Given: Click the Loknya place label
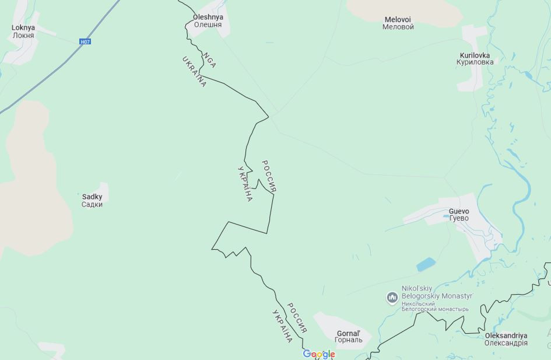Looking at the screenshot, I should click(23, 28).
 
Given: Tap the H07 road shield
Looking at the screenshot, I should click(85, 41).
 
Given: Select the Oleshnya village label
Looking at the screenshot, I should click(208, 18).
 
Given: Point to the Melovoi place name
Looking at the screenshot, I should click(398, 20).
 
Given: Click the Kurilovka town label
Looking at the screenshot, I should click(475, 55).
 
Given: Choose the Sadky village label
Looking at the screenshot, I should click(92, 197).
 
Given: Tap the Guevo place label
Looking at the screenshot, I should click(459, 211).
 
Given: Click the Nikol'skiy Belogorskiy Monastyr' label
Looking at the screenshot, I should click(437, 292).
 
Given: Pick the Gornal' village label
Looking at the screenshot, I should click(349, 334).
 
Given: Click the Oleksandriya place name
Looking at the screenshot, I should click(506, 335).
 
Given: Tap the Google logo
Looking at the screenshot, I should click(319, 354).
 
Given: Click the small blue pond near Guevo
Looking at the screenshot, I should click(426, 264).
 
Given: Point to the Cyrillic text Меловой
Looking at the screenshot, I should click(398, 27).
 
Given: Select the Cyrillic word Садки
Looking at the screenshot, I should click(92, 205).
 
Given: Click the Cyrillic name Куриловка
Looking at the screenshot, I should click(475, 62).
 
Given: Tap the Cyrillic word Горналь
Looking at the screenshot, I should click(349, 341).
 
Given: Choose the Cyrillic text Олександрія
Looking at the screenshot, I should click(506, 343).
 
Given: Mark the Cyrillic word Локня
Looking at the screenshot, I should click(23, 36).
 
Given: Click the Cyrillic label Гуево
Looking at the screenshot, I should click(459, 219).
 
